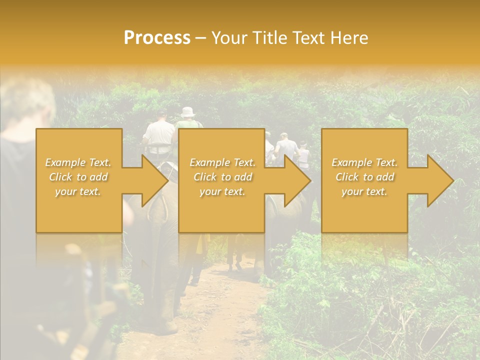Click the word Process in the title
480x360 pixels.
[x=157, y=38]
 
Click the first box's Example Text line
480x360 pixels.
[x=78, y=162]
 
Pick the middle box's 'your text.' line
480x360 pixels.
[x=222, y=191]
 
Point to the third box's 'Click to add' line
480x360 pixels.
[x=365, y=177]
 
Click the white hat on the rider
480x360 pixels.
[x=188, y=112]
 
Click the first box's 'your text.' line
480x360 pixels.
[x=78, y=191]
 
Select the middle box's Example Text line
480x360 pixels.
[x=222, y=162]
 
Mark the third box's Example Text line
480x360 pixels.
[x=365, y=162]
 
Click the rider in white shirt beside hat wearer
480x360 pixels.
[x=159, y=131]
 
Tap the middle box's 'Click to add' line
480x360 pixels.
[x=222, y=177]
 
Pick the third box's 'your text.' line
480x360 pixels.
[x=365, y=191]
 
